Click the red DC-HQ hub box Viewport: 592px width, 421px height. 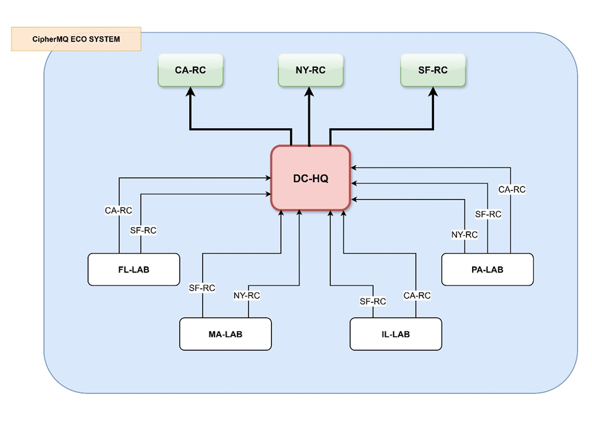[311, 178]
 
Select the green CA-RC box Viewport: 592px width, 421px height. [190, 70]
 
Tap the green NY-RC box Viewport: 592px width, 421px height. [310, 70]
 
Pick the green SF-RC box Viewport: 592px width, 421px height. [433, 70]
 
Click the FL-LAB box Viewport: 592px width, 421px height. [133, 269]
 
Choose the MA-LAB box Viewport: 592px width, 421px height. [225, 334]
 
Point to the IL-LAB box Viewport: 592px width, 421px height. [396, 334]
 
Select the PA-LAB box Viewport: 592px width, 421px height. [487, 269]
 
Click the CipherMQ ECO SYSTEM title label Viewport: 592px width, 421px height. [76, 39]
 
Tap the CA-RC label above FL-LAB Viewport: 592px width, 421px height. [119, 210]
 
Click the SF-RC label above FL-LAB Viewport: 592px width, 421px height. [143, 230]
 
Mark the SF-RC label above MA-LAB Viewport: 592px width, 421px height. [202, 288]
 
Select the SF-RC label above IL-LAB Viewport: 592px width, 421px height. [372, 301]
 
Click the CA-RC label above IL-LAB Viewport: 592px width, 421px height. [417, 295]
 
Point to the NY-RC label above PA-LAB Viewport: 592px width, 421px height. [464, 235]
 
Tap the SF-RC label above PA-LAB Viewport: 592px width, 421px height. [488, 214]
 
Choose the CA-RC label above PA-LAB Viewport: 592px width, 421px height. [511, 190]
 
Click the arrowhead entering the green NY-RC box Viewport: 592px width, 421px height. [310, 91]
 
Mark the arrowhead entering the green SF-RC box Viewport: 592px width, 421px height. [433, 91]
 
